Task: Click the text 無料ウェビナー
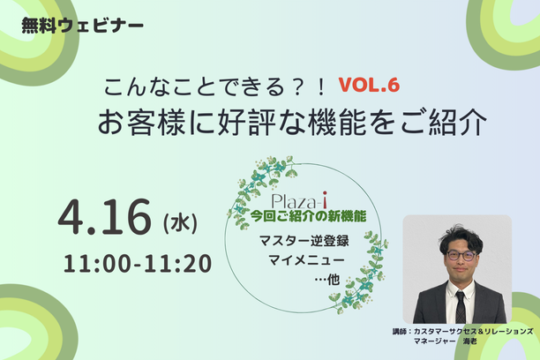(x=82, y=26)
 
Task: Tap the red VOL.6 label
(x=369, y=85)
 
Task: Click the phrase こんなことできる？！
(x=215, y=86)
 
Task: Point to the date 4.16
(x=105, y=217)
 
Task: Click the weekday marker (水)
(x=180, y=223)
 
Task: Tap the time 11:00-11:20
(x=138, y=264)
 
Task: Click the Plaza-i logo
(x=299, y=201)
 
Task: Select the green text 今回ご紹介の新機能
(x=308, y=216)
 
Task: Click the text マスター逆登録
(x=304, y=241)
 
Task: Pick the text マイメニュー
(x=306, y=259)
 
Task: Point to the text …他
(x=327, y=280)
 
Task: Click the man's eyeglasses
(x=461, y=256)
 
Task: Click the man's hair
(x=461, y=237)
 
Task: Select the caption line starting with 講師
(x=462, y=332)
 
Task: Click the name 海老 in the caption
(x=469, y=341)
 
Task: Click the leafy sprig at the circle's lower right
(x=360, y=272)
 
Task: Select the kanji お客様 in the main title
(x=141, y=123)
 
